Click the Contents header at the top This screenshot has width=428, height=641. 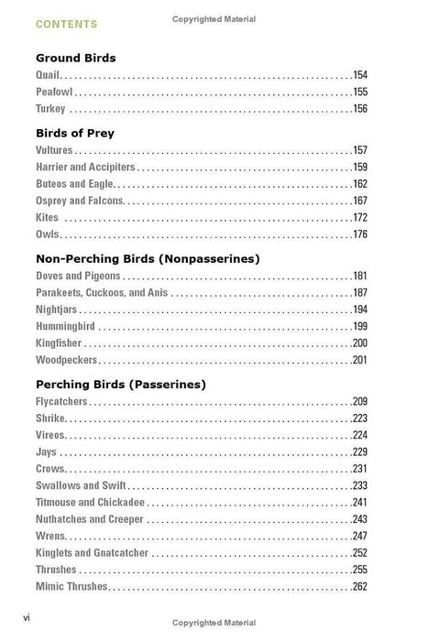(67, 23)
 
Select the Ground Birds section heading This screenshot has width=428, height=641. (76, 58)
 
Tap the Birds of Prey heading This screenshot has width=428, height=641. (74, 132)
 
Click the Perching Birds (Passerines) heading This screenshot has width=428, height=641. (120, 384)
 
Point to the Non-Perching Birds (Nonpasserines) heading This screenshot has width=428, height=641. (148, 258)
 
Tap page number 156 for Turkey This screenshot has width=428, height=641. (359, 109)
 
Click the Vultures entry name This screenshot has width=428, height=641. (54, 149)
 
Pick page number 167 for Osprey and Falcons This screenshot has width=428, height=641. (359, 201)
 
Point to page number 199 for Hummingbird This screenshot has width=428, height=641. (359, 326)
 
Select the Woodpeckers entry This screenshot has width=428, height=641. (66, 360)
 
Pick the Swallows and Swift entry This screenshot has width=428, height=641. (82, 485)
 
